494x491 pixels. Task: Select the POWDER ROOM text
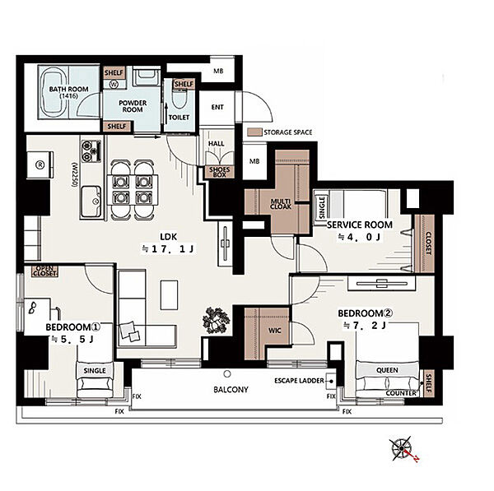[133, 106]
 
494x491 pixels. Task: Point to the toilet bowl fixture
[179, 101]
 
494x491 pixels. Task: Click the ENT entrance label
[217, 107]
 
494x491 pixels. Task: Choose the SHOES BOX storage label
[220, 172]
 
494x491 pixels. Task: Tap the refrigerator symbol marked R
[40, 165]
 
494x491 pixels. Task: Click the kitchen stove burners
[91, 151]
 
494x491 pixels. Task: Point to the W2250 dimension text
[75, 175]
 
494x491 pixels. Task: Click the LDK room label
[169, 236]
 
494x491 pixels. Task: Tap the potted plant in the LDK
[217, 320]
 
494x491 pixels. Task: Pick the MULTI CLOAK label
[281, 204]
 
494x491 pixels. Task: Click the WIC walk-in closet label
[274, 331]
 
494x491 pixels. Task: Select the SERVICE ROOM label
[360, 225]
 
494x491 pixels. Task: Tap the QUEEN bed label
[387, 370]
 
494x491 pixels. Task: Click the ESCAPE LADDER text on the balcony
[299, 381]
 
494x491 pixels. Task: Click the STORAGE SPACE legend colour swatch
[254, 132]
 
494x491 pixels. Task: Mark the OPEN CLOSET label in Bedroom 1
[45, 271]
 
